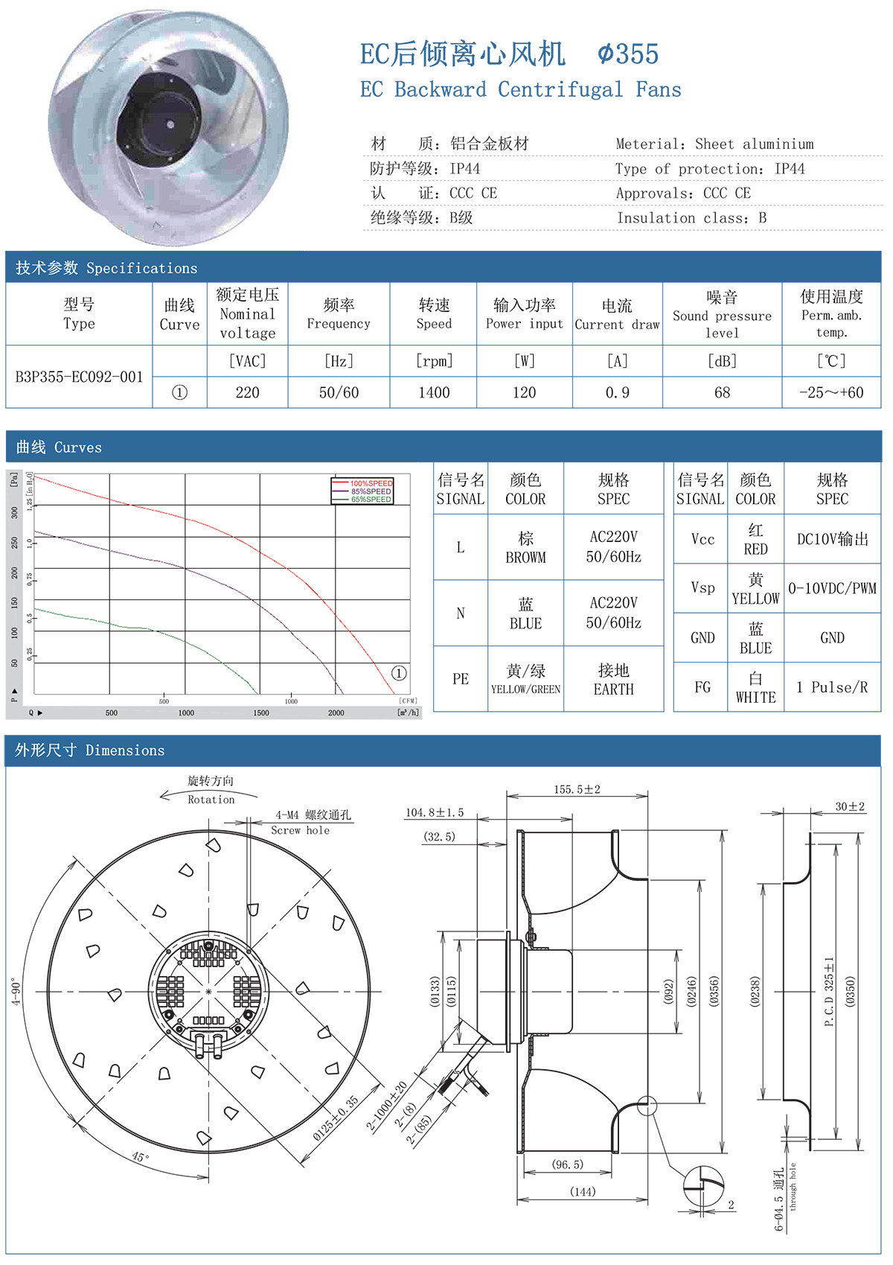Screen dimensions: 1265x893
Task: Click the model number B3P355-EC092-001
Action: click(79, 377)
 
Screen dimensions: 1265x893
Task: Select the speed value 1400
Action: click(434, 392)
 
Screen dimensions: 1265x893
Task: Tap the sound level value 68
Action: click(722, 392)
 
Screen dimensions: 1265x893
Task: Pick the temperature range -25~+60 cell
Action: click(831, 392)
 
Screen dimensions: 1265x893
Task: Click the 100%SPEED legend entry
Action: click(371, 483)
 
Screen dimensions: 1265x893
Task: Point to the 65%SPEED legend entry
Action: click(371, 500)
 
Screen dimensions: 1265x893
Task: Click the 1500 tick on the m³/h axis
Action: click(260, 713)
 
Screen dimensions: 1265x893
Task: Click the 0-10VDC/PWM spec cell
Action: click(832, 588)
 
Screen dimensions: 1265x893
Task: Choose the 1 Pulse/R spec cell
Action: click(832, 687)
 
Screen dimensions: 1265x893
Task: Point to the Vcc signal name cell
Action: click(702, 539)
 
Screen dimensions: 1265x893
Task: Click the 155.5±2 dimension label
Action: click(577, 789)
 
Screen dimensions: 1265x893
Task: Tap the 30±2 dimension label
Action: click(850, 806)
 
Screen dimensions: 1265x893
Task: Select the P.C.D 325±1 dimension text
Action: click(829, 992)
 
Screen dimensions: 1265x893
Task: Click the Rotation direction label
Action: click(211, 800)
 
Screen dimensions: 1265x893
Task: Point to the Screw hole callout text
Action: click(300, 830)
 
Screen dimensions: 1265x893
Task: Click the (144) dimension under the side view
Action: click(583, 1192)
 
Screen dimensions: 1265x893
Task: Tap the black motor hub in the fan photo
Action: click(161, 119)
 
